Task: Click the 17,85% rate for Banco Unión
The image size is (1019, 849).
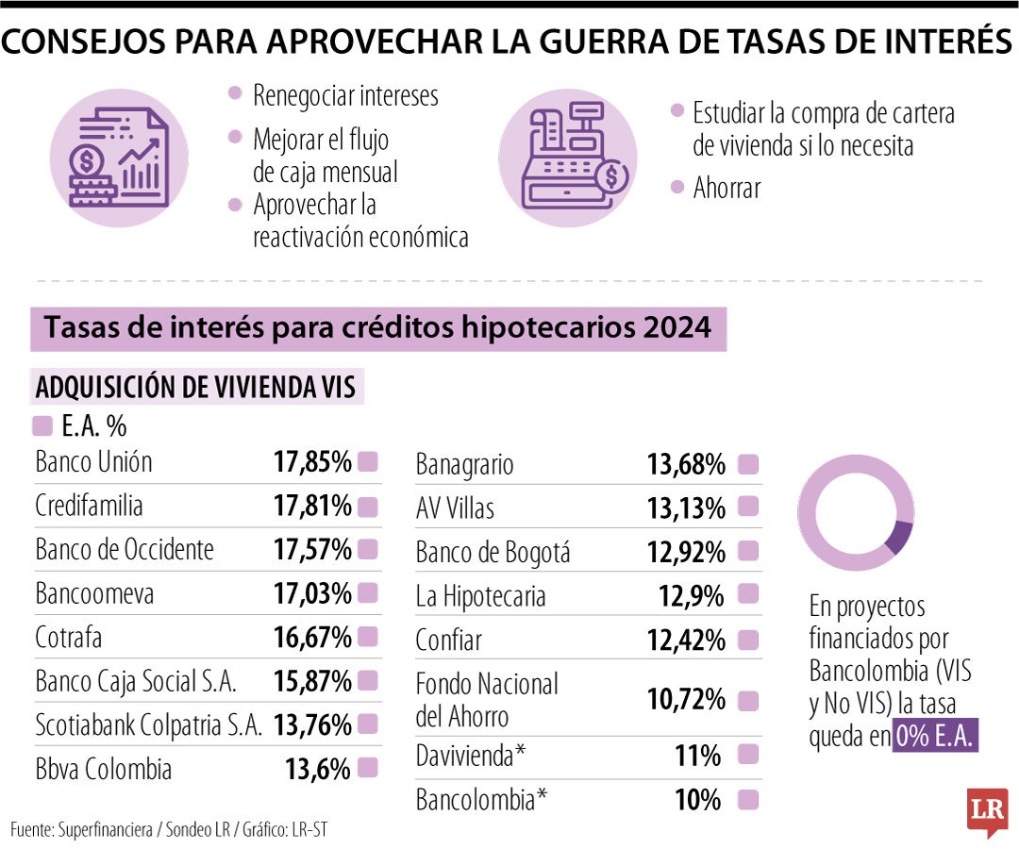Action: [312, 462]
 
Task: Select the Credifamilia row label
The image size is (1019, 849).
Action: [90, 506]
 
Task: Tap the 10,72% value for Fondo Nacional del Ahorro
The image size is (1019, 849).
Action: [685, 700]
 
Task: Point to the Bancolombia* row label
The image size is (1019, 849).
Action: [481, 800]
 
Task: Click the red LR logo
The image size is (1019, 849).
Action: [987, 811]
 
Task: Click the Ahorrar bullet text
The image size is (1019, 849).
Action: [727, 188]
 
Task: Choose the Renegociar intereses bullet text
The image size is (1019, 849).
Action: [345, 95]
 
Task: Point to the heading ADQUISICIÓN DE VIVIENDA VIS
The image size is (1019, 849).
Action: [195, 388]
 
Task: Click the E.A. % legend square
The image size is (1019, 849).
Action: [42, 426]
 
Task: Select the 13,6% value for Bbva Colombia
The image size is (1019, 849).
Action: [318, 769]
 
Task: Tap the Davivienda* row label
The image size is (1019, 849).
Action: [469, 756]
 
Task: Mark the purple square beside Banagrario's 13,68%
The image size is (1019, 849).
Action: [748, 464]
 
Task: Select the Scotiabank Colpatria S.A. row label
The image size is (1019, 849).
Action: [149, 725]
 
